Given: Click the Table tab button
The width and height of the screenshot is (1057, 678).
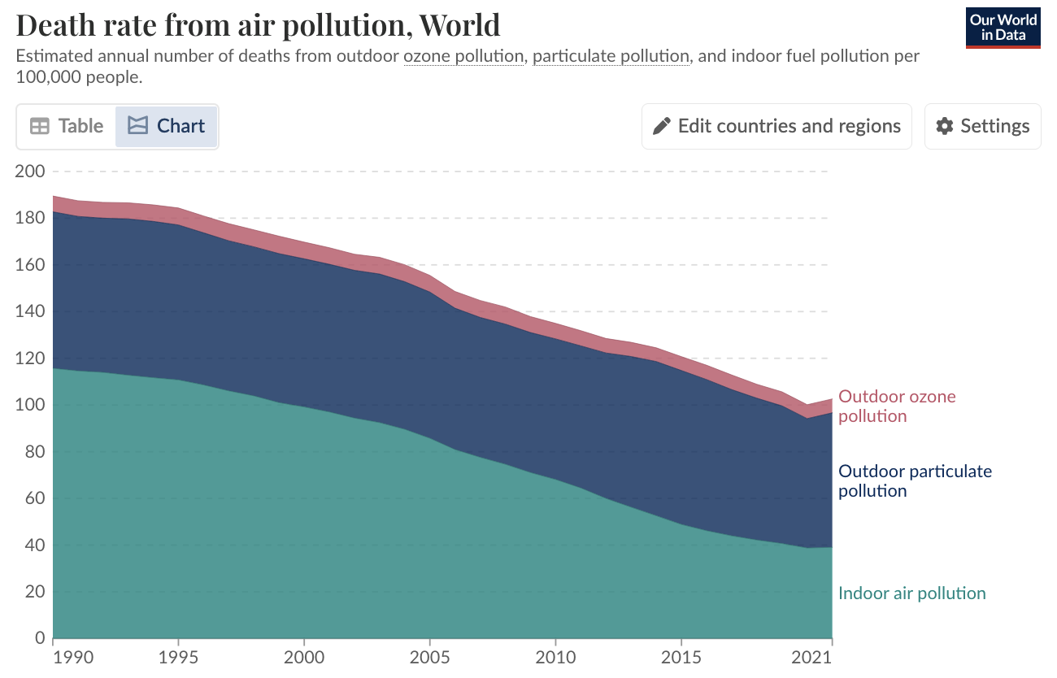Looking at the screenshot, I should [67, 126].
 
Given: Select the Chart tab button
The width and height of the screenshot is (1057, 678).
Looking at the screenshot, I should [167, 126].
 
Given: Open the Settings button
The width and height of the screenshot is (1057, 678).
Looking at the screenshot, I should [982, 126].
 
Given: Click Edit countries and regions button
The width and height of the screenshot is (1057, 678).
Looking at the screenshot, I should [776, 126].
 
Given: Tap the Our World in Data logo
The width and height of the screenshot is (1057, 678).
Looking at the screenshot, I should [1003, 28].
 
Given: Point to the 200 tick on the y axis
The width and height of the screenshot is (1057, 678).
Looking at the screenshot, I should [29, 172].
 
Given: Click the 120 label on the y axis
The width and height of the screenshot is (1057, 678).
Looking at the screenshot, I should [29, 359].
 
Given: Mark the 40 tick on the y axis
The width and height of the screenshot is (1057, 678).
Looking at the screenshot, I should [33, 545].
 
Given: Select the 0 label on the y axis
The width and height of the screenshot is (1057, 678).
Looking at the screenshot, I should [37, 639].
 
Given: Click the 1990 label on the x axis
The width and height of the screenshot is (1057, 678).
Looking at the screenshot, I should [53, 656].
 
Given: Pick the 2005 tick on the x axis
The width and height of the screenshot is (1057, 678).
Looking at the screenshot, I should [429, 656].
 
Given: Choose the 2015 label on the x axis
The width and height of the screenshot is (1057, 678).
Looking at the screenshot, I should [681, 656].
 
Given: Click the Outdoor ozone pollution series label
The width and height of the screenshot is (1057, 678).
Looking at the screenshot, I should [897, 406].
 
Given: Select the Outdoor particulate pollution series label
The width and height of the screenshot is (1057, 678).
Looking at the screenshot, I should [915, 481].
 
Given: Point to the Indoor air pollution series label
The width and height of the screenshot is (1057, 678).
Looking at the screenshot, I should [911, 593].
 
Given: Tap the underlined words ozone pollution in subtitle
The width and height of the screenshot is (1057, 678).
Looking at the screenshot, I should [463, 57].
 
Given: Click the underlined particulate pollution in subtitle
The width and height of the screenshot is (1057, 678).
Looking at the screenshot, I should [611, 57].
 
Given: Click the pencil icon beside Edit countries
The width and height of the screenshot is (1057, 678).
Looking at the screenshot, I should [662, 126].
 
